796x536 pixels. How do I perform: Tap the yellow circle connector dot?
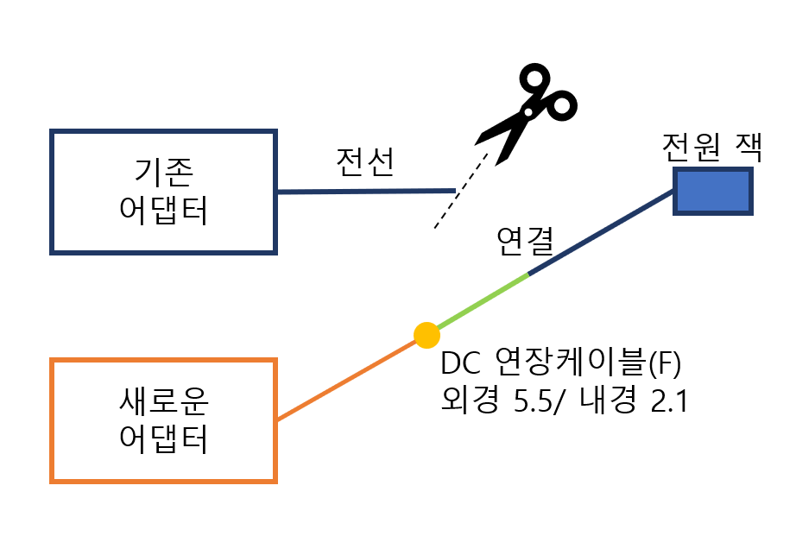point(426,334)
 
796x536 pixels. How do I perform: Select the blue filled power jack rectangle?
point(713,190)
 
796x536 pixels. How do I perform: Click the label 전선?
point(364,161)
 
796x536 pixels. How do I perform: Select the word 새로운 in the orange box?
point(163,401)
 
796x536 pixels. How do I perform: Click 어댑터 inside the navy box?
point(163,210)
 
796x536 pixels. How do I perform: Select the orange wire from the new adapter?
point(345,381)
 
